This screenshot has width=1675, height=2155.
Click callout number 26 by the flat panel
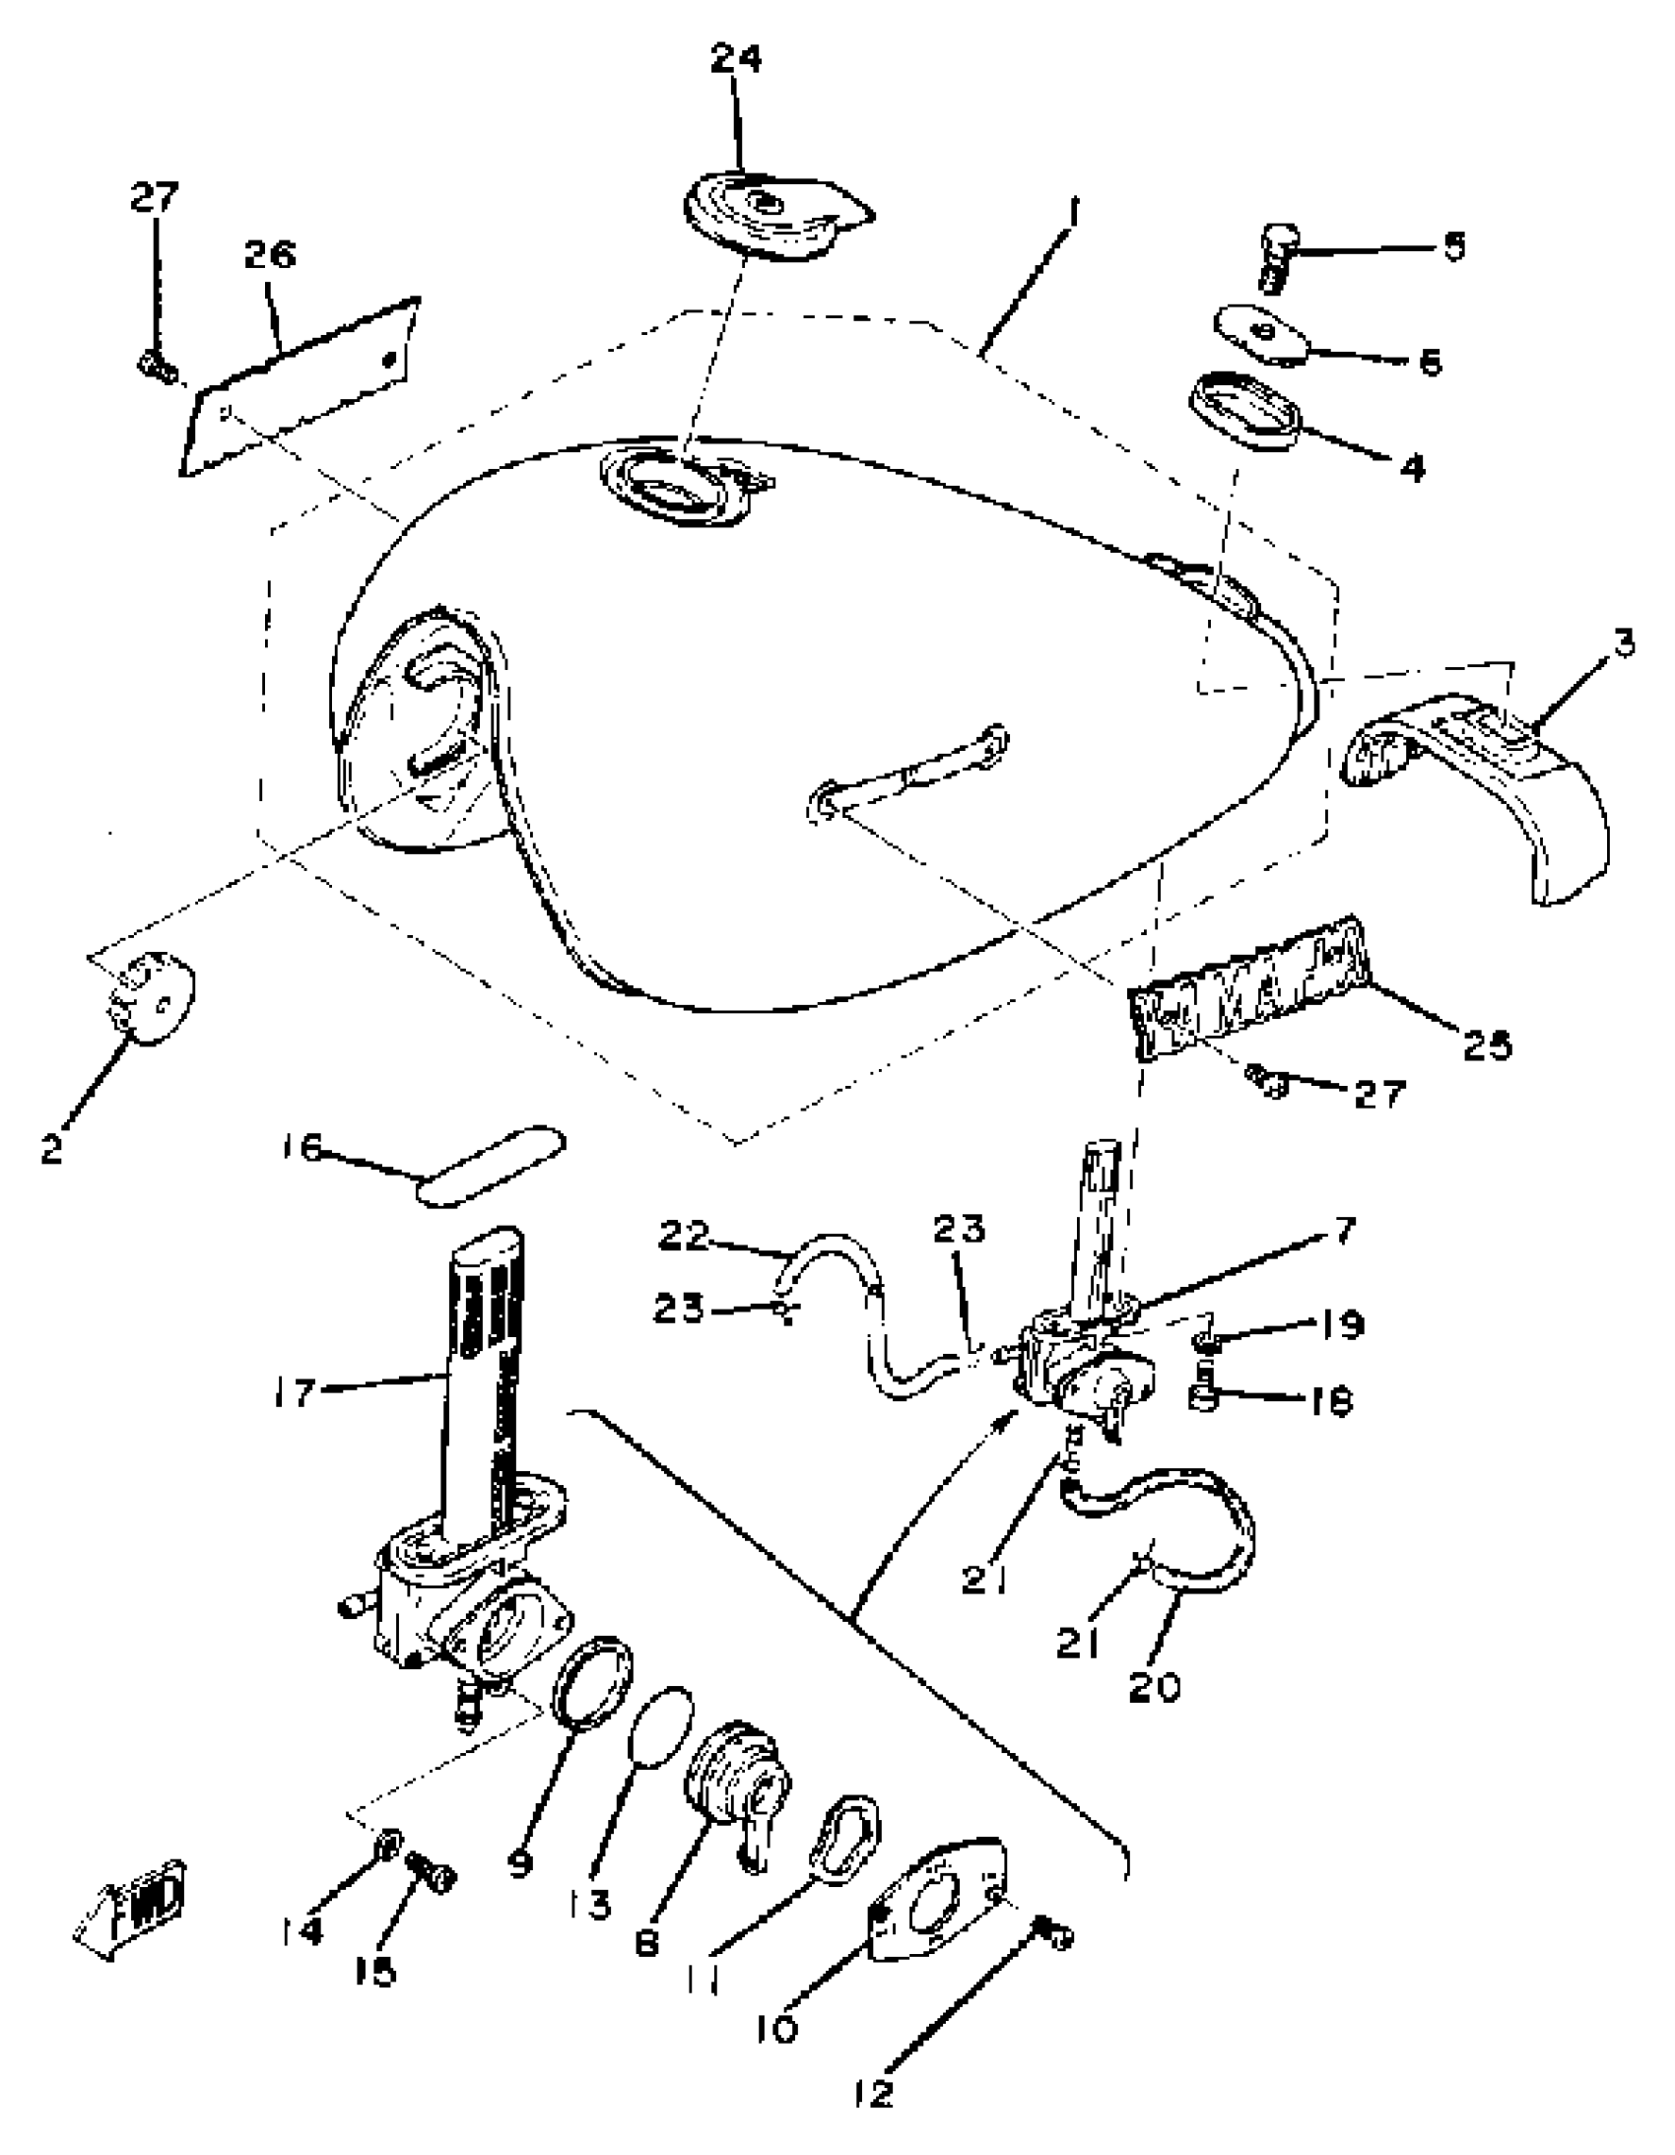pos(269,255)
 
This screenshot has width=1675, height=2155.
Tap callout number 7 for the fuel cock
pos(1345,1230)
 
